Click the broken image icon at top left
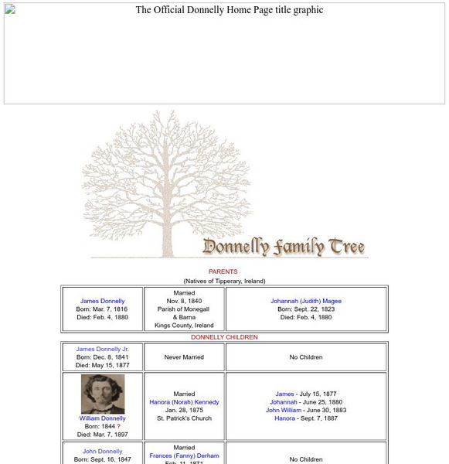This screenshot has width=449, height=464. click(x=10, y=9)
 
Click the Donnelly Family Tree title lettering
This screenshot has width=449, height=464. click(x=284, y=247)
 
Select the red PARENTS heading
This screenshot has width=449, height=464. click(x=223, y=271)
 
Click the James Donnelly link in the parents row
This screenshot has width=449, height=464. click(x=102, y=301)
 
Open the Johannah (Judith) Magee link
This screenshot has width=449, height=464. click(x=306, y=301)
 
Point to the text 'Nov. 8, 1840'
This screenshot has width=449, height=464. click(x=184, y=301)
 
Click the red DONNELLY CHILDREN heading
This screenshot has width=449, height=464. click(x=224, y=337)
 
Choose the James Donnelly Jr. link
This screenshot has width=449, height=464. click(x=102, y=349)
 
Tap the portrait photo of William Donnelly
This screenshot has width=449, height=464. click(x=103, y=394)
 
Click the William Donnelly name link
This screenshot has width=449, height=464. click(x=102, y=418)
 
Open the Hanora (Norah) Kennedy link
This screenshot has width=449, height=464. click(x=184, y=402)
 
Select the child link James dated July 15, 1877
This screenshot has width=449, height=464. click(x=284, y=394)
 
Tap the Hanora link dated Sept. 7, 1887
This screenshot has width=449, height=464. click(x=284, y=418)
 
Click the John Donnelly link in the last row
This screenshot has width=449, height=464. click(x=102, y=452)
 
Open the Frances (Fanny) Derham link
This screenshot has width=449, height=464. click(x=184, y=455)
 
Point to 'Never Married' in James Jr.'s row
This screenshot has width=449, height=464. click(x=184, y=357)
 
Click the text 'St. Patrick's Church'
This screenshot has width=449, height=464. click(x=184, y=418)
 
